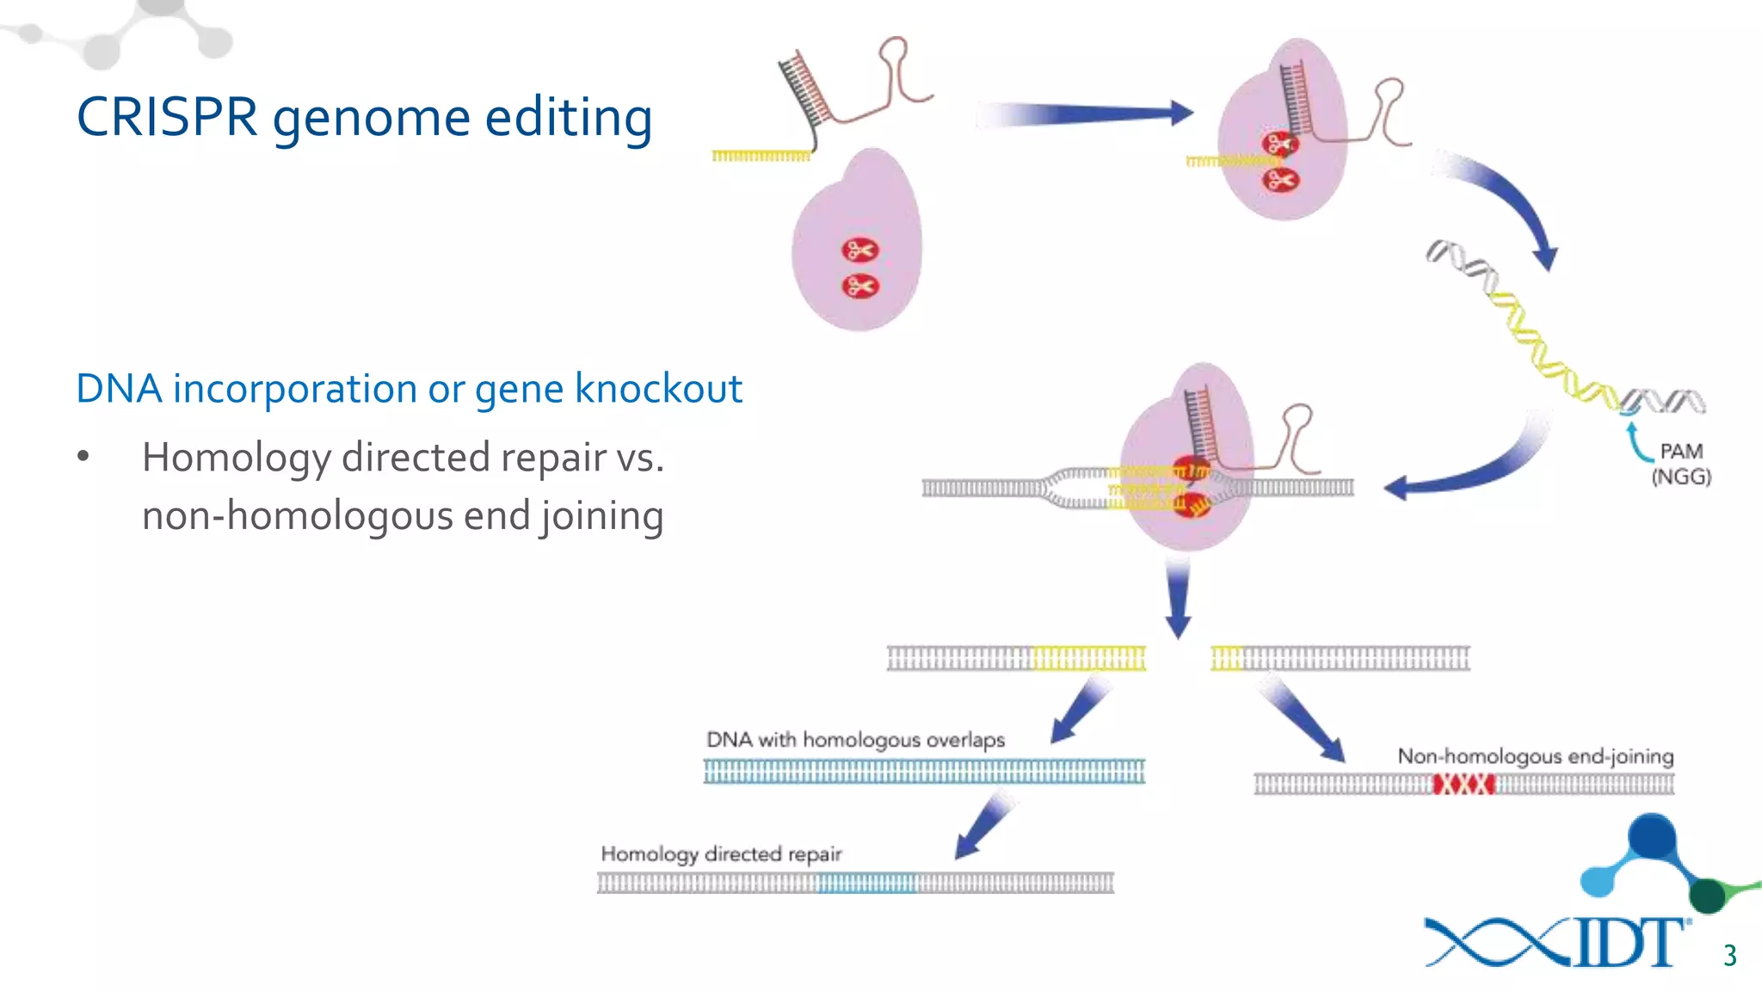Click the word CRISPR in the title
pyautogui.click(x=167, y=117)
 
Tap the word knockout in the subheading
pyautogui.click(x=658, y=389)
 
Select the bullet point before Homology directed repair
pyautogui.click(x=83, y=456)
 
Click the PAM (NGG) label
pyautogui.click(x=1681, y=464)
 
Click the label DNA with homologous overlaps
pyautogui.click(x=855, y=740)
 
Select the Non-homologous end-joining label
pyautogui.click(x=1535, y=756)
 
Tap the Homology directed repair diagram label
pyautogui.click(x=721, y=853)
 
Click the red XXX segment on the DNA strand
pyautogui.click(x=1463, y=784)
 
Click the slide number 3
pyautogui.click(x=1730, y=955)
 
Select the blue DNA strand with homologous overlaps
pyautogui.click(x=924, y=772)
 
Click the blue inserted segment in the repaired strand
pyautogui.click(x=866, y=883)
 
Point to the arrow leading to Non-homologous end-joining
pyautogui.click(x=1304, y=719)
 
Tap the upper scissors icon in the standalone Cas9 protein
pyautogui.click(x=859, y=250)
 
